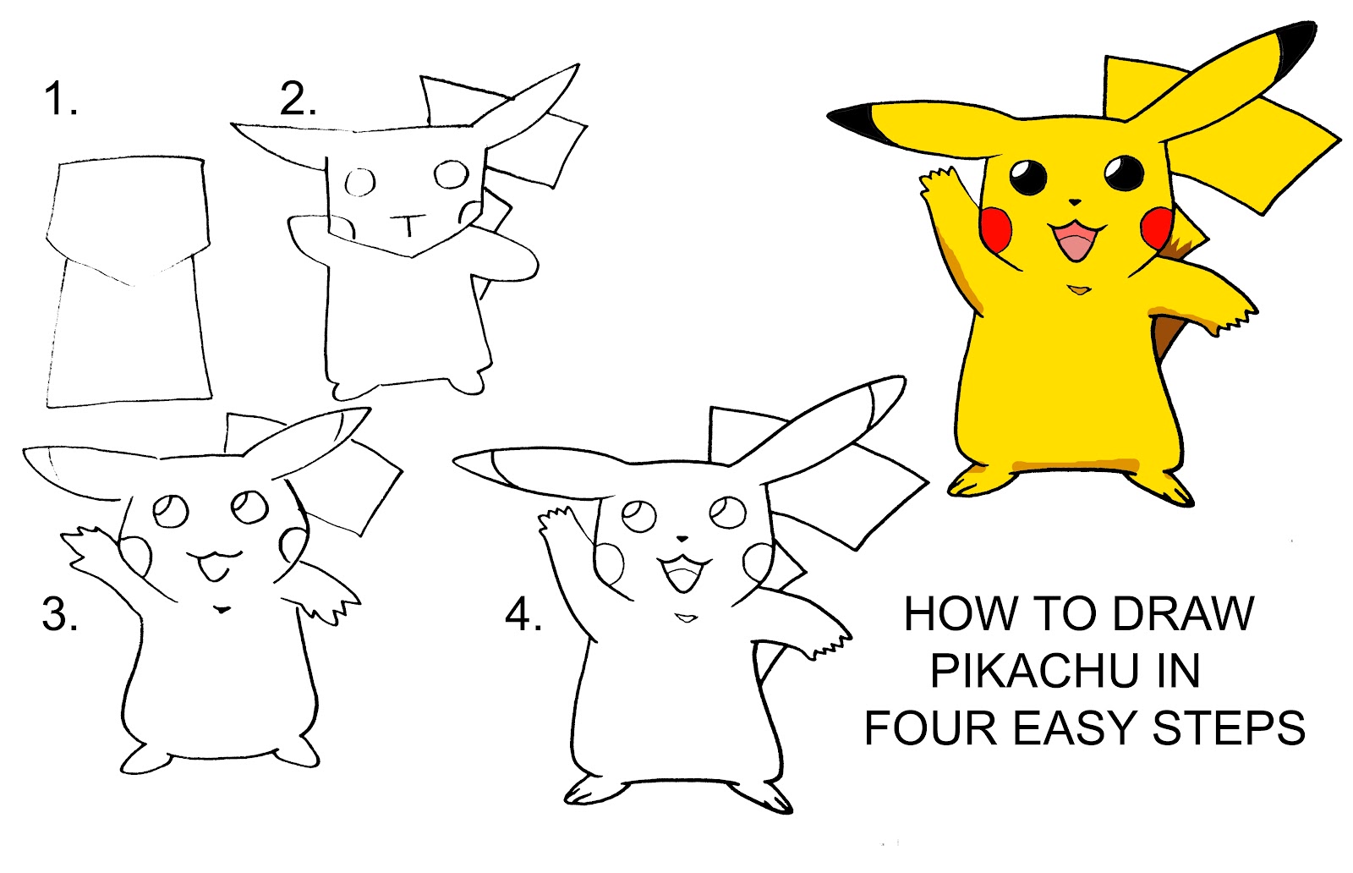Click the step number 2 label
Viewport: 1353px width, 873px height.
[298, 99]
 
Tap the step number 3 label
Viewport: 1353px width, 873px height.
[59, 614]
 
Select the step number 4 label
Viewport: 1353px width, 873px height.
[523, 614]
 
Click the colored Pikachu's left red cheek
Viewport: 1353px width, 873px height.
[997, 227]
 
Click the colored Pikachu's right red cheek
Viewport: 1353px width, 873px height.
[1155, 226]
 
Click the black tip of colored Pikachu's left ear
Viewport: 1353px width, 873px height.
[854, 120]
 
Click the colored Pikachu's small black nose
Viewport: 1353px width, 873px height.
[1074, 202]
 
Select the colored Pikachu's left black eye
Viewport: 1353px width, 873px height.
[1028, 178]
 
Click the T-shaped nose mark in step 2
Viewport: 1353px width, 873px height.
[408, 224]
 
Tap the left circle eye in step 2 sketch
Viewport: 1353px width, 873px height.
[361, 181]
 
